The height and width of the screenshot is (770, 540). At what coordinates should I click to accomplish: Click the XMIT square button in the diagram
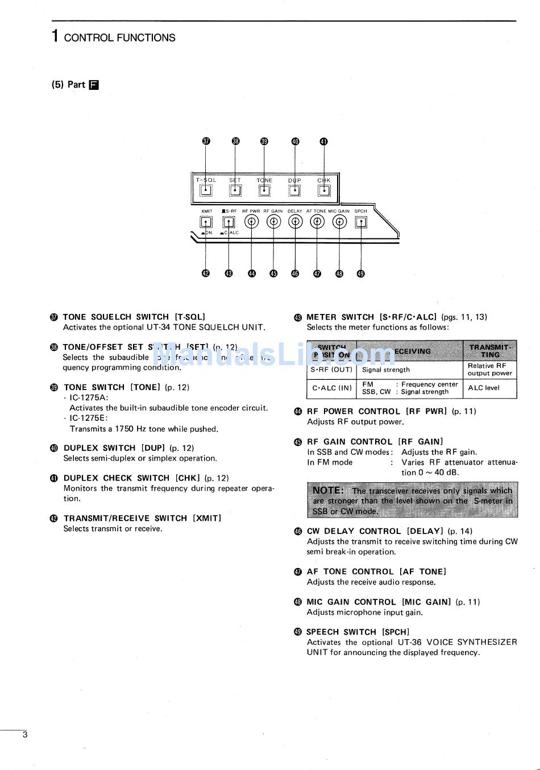(x=206, y=222)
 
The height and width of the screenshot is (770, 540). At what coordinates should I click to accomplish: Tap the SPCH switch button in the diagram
(x=360, y=222)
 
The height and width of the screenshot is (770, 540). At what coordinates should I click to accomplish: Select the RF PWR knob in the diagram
(x=251, y=222)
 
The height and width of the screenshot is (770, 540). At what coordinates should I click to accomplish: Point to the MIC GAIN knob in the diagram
(x=339, y=222)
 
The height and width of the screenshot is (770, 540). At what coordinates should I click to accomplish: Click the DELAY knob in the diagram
(x=295, y=222)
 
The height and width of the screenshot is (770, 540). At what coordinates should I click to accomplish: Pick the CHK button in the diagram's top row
(x=323, y=191)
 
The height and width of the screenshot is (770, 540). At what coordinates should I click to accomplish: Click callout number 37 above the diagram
(x=206, y=142)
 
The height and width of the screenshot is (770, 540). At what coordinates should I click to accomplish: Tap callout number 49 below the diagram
(x=360, y=274)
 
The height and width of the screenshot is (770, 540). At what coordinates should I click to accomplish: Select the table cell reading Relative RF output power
(x=489, y=370)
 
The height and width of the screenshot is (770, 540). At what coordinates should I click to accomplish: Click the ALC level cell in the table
(x=484, y=388)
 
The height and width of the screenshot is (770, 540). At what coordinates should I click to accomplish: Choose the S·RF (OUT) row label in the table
(x=331, y=370)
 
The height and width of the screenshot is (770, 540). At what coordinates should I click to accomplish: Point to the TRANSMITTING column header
(x=489, y=351)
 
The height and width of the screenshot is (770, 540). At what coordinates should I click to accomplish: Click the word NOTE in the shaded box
(x=328, y=490)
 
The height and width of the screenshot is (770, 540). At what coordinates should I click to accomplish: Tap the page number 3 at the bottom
(x=24, y=735)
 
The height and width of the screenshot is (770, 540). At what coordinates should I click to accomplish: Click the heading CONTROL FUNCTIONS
(x=119, y=38)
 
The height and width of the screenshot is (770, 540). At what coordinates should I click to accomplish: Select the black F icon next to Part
(x=94, y=85)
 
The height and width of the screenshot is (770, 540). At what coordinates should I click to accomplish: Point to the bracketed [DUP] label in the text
(x=153, y=448)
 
